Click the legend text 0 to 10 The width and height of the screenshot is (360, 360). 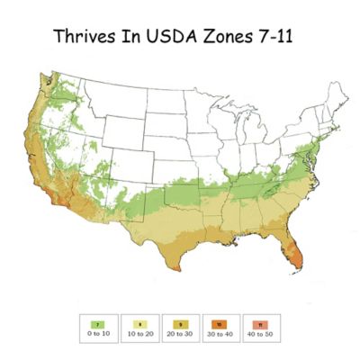coord(94,332)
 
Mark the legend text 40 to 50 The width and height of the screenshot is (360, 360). coord(261,332)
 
